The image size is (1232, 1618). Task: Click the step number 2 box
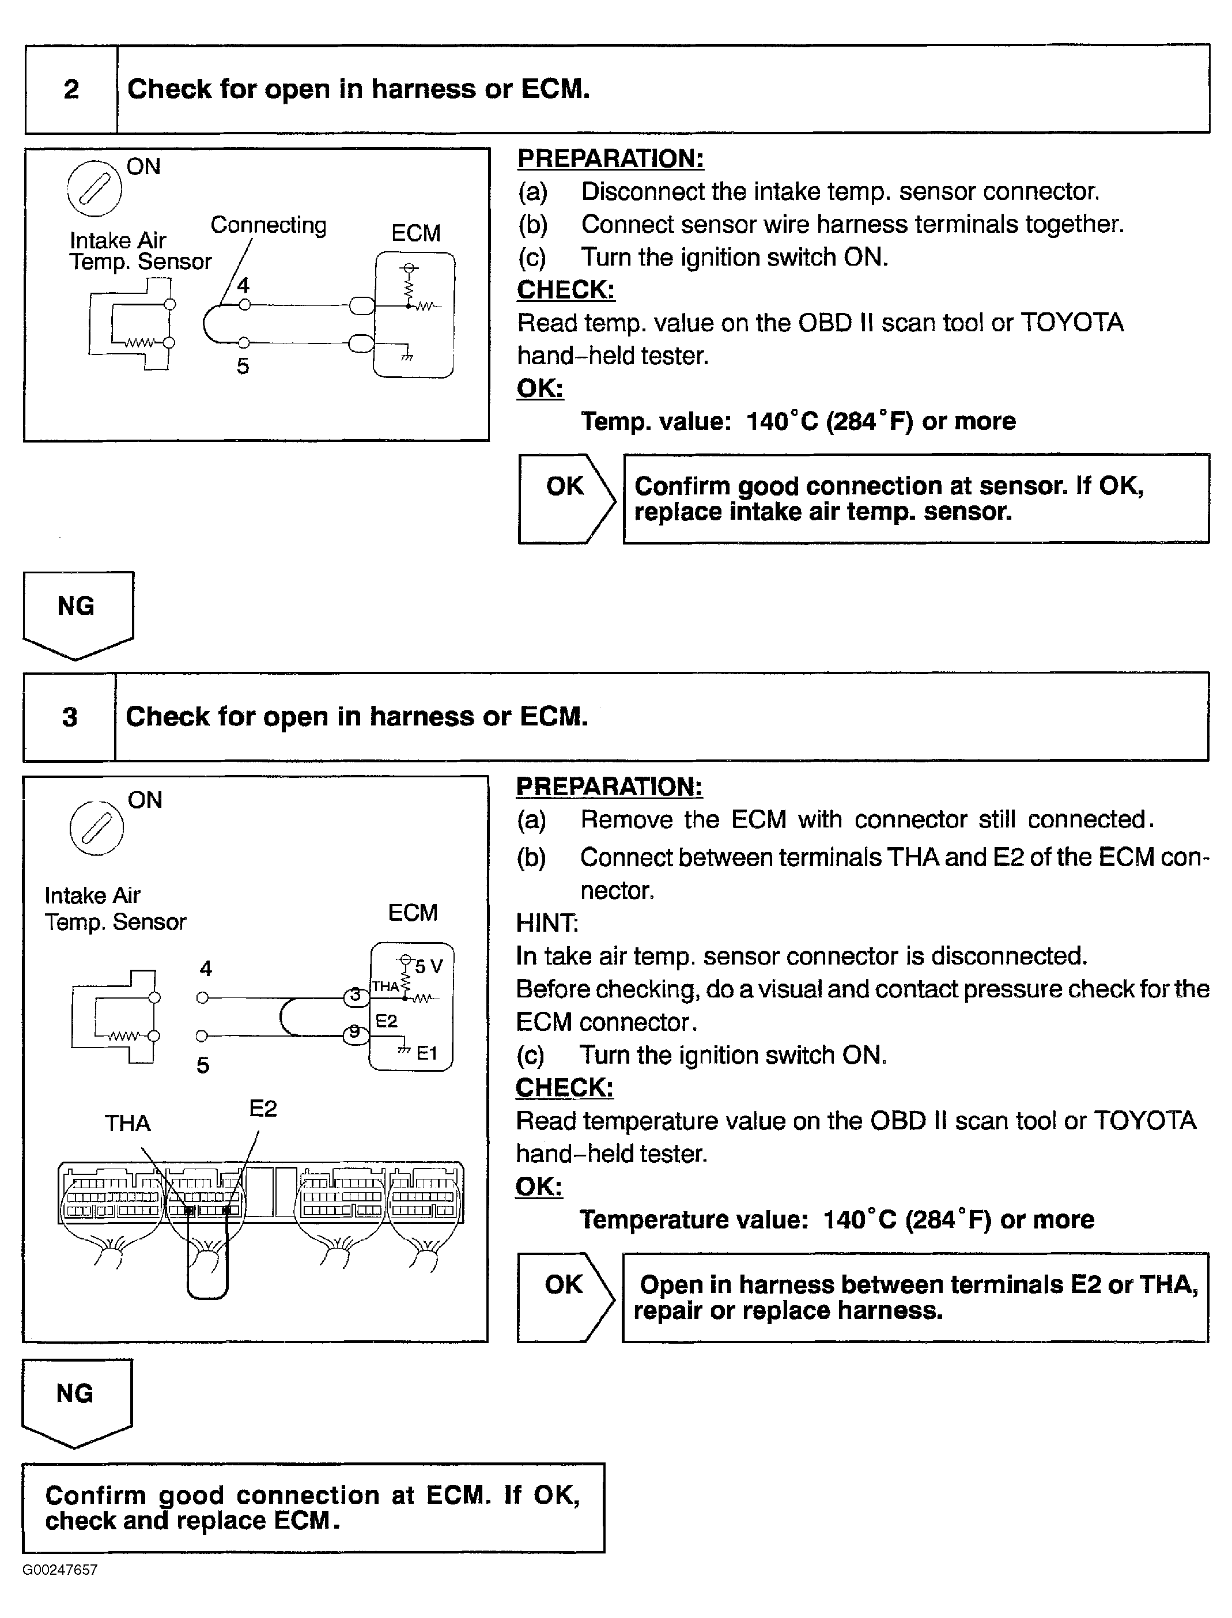click(71, 89)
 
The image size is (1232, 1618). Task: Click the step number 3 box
click(70, 716)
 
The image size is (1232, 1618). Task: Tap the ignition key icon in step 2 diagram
click(94, 188)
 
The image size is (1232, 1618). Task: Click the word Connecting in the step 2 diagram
click(269, 225)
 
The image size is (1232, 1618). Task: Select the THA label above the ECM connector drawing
click(127, 1123)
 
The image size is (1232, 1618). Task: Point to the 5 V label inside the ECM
click(428, 966)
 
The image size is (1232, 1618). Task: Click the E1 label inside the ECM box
click(427, 1053)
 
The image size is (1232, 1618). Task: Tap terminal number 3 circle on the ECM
click(356, 996)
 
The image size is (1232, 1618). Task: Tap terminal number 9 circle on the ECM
click(355, 1032)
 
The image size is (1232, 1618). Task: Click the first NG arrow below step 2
click(77, 613)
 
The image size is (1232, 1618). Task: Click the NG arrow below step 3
click(76, 1400)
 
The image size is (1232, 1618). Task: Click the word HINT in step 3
click(547, 923)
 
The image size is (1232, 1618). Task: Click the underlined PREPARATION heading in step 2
click(610, 158)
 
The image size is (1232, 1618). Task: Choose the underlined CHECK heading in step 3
click(564, 1087)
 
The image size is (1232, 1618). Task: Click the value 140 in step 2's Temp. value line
click(766, 422)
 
